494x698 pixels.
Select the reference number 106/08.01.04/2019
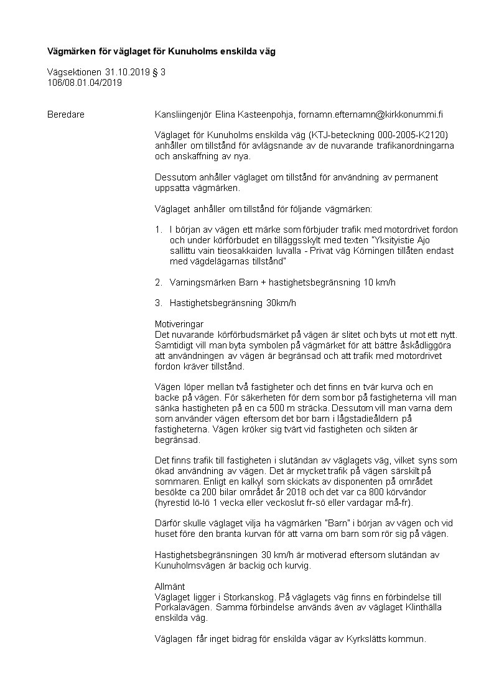pos(85,82)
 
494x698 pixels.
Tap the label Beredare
pos(66,114)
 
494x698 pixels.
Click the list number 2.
pos(158,282)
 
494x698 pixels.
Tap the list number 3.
pos(158,303)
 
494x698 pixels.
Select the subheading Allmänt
pos(169,587)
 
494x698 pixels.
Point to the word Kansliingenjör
pos(184,114)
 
